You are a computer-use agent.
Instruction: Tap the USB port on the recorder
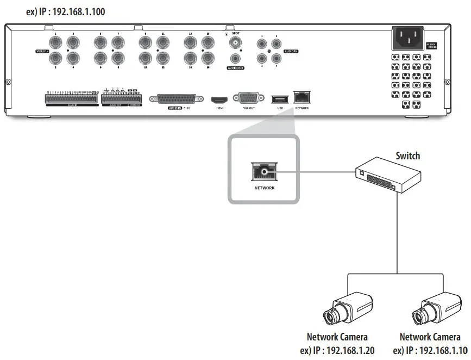tap(280, 99)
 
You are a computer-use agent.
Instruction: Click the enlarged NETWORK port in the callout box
tap(264, 172)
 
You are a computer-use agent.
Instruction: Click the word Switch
tap(407, 156)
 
